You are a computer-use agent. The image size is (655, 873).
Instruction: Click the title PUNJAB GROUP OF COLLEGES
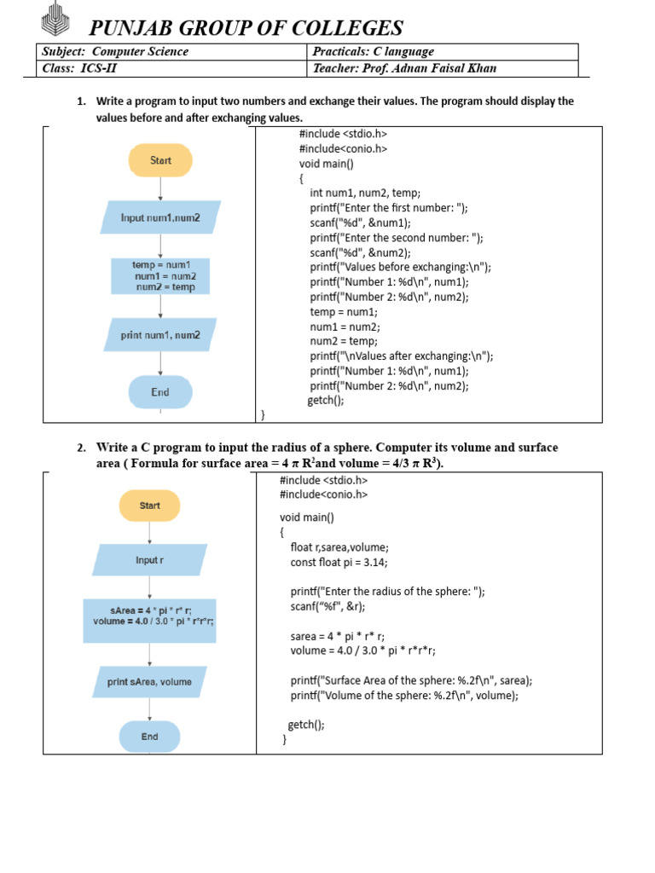tap(246, 28)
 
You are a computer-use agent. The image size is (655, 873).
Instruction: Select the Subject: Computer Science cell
tap(171, 52)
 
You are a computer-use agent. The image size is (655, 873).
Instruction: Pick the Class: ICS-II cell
tap(171, 68)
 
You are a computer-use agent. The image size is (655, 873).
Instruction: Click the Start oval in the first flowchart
tap(160, 160)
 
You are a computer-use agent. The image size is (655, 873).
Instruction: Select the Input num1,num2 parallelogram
tap(160, 217)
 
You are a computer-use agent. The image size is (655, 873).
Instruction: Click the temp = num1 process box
tap(160, 275)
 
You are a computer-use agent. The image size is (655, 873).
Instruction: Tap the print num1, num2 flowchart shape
tap(160, 335)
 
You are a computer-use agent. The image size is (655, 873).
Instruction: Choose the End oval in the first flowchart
tap(160, 392)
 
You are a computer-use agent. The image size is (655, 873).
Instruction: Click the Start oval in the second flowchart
tap(149, 506)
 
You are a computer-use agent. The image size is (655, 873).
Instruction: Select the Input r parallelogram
tap(149, 560)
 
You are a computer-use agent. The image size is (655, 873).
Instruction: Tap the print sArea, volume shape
tap(149, 681)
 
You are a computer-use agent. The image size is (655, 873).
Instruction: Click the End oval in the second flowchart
tap(149, 737)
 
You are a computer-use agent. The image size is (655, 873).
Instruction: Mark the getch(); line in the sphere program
tap(306, 725)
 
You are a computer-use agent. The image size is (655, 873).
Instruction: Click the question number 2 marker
tap(82, 448)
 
